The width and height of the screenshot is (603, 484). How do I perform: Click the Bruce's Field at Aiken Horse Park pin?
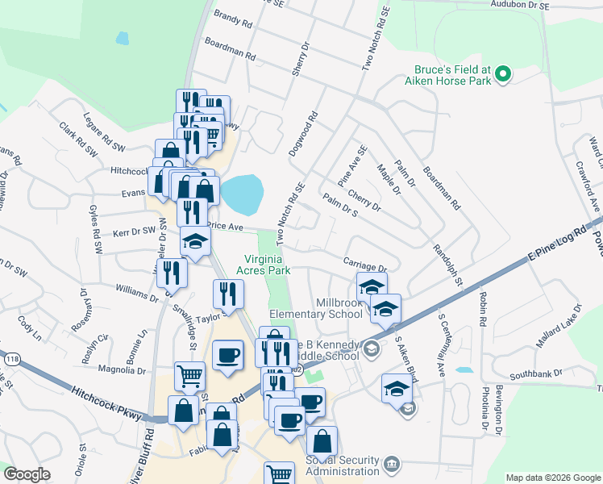504,74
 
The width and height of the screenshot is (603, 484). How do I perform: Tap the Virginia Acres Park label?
267,265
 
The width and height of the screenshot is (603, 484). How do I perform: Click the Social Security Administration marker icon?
392,464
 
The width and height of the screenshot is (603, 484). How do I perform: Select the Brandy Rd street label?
233,19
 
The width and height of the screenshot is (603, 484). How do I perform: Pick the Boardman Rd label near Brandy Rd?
231,49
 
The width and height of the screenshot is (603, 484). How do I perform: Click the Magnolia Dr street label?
121,370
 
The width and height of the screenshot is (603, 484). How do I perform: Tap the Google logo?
28,474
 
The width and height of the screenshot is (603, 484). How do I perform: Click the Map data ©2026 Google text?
552,478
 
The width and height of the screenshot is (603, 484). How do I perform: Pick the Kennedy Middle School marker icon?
371,348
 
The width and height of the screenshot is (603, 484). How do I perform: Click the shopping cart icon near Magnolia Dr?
189,374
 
